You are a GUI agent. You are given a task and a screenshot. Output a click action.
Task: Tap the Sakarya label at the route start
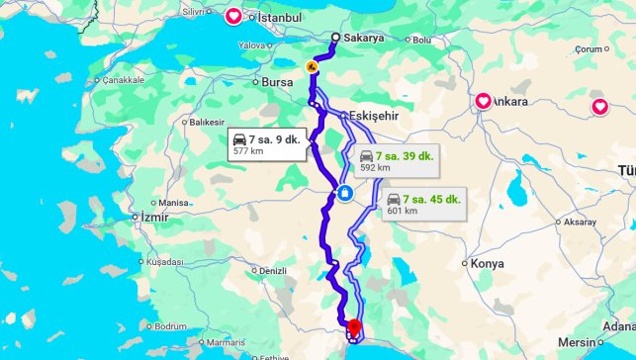point(365,38)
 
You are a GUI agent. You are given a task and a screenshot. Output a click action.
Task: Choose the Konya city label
point(487,264)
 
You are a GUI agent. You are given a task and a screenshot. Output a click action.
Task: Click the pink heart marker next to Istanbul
point(233,16)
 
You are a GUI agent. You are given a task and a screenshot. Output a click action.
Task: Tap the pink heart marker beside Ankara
point(484,101)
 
